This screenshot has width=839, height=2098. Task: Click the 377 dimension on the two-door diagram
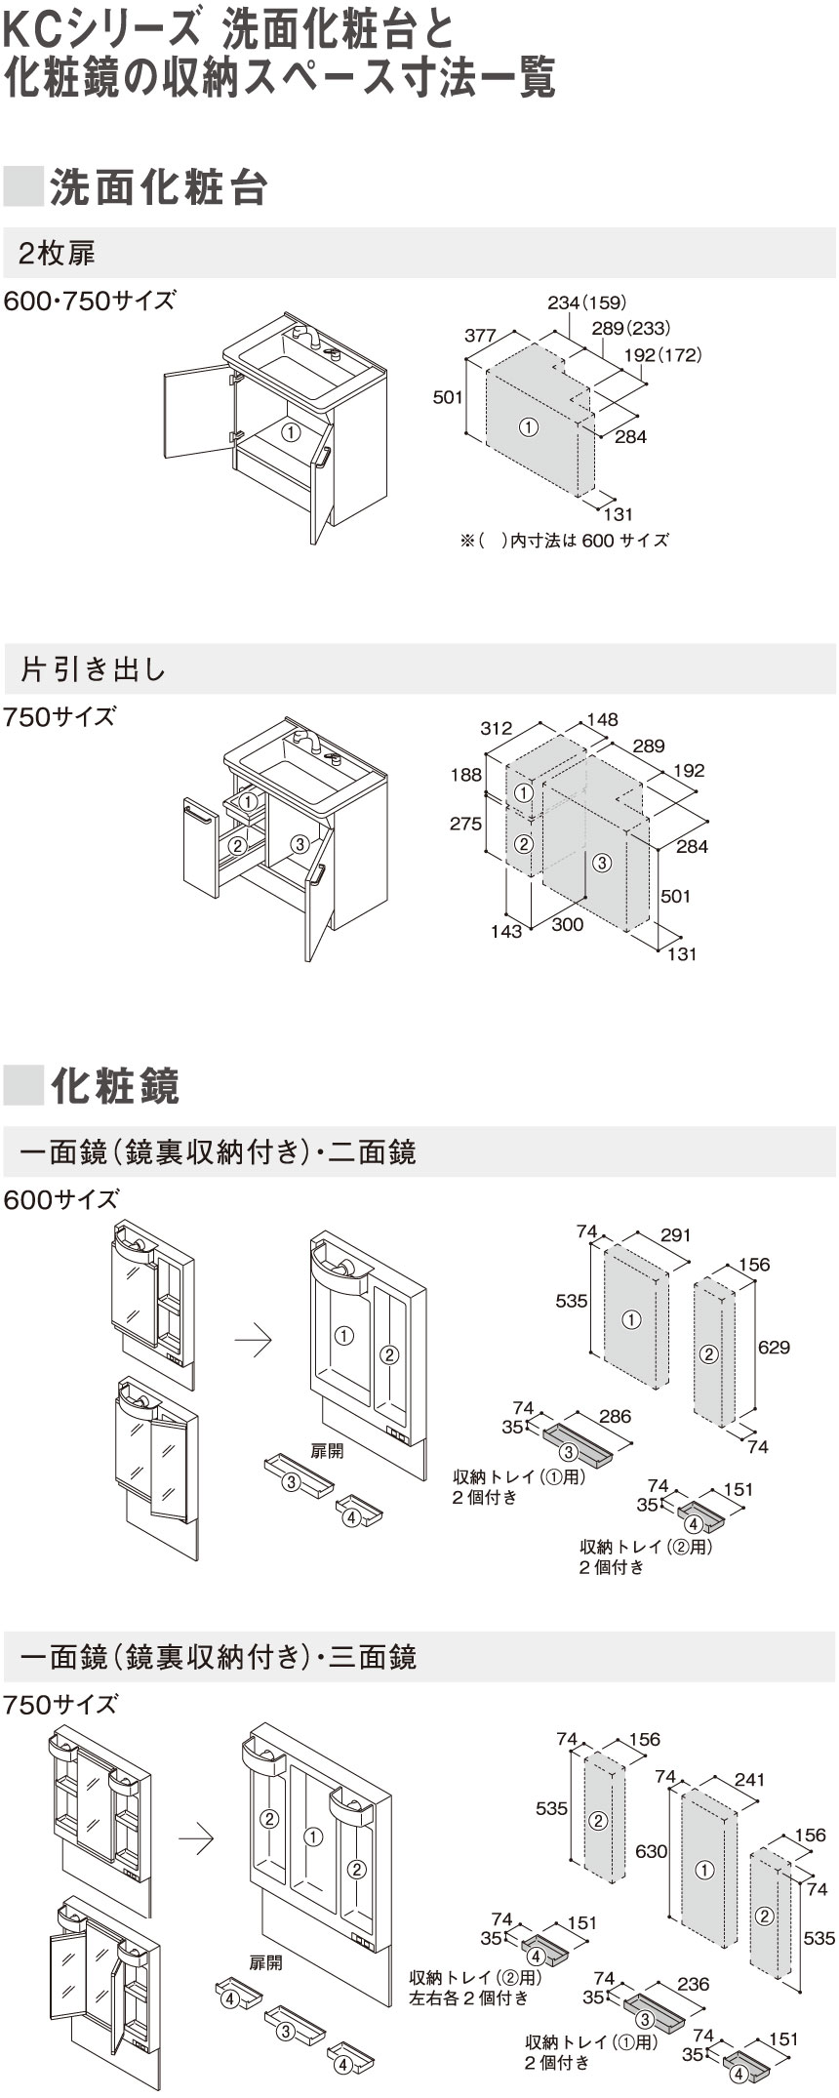coord(480,335)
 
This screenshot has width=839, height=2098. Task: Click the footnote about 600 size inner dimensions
coord(564,540)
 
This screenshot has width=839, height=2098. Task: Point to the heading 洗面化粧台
coord(158,187)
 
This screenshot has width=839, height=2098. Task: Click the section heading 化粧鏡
coord(115,1084)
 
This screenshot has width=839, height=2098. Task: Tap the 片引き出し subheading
coord(94,669)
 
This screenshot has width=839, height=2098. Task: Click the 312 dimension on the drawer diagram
coord(496,728)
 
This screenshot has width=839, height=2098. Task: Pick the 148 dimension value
coord(602,720)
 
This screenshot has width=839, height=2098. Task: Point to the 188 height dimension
coord(466,775)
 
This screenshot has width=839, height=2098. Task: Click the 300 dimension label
coord(568,924)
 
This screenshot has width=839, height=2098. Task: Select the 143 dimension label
coord(506,932)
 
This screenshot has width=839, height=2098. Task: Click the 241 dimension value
coord(748,1780)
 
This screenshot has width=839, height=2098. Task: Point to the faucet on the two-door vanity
coord(308,337)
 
